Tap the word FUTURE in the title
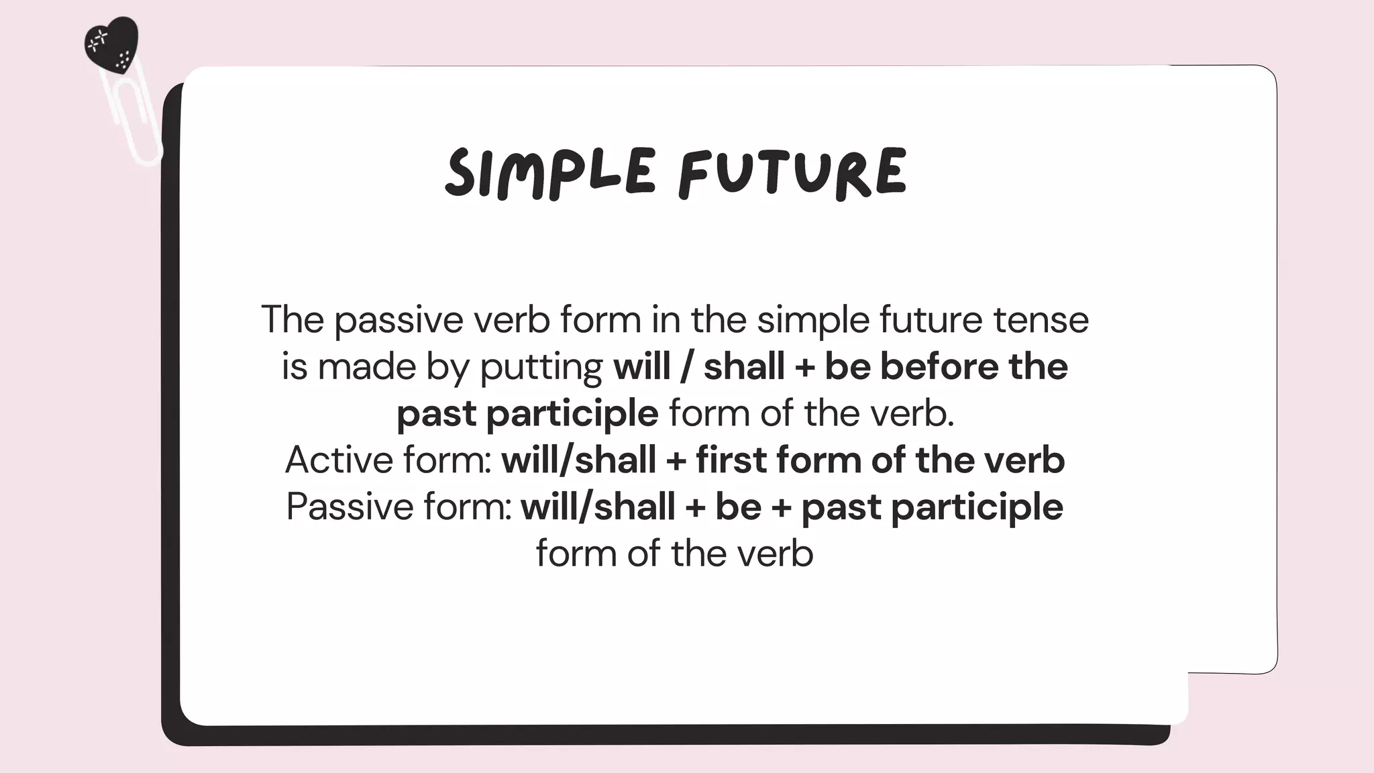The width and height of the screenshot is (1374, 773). tap(792, 172)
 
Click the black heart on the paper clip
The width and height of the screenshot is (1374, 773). tap(111, 42)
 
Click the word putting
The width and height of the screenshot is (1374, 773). tap(541, 368)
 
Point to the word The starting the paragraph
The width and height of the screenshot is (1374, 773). tap(293, 319)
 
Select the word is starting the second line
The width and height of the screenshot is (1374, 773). tap(294, 367)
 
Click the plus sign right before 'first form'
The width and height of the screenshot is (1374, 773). tap(676, 461)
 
